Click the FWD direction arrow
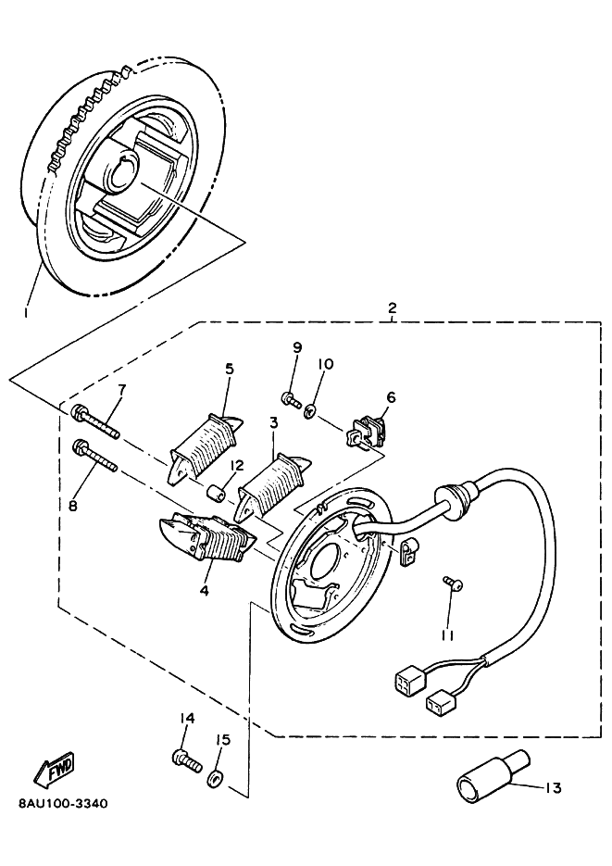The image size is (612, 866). [55, 770]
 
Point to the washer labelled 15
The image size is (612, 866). [214, 780]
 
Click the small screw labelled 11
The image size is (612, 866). [453, 583]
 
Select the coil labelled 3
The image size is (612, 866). [275, 486]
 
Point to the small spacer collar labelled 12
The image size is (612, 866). [217, 493]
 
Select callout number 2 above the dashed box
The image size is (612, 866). [393, 307]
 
